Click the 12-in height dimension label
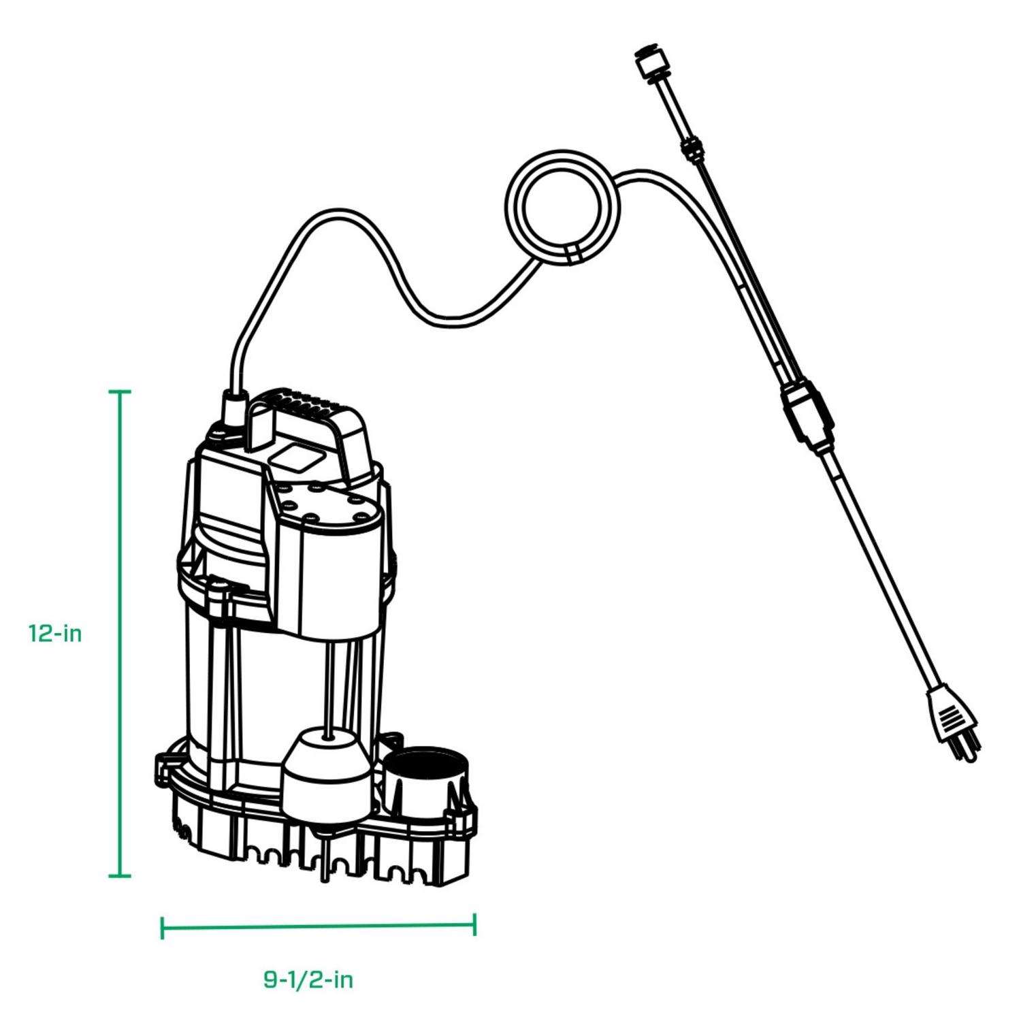click(55, 634)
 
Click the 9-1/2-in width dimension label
click(308, 980)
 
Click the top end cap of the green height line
click(120, 392)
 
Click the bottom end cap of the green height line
click(120, 876)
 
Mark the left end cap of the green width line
click(162, 927)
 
